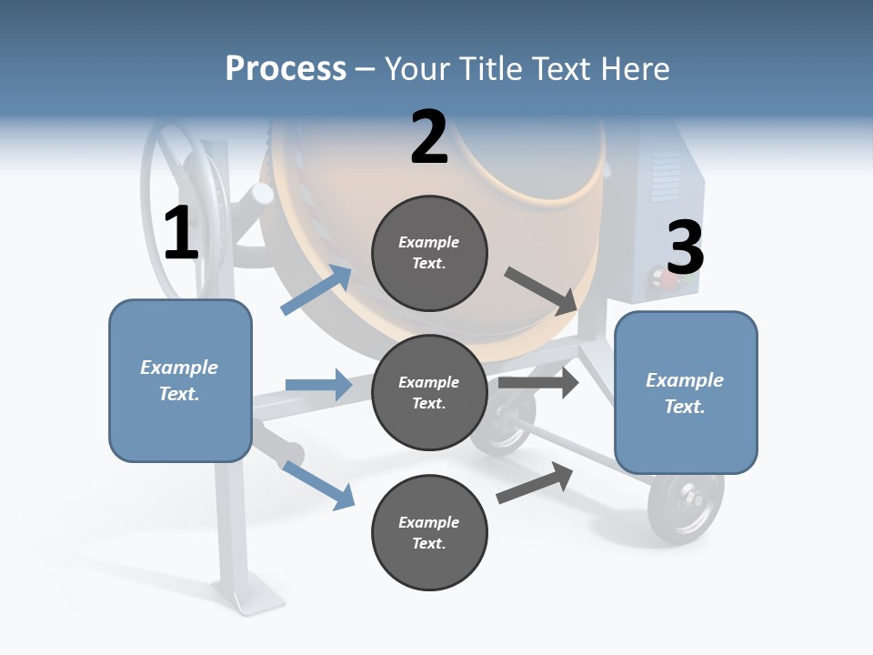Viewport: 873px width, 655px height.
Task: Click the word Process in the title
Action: pyautogui.click(x=286, y=68)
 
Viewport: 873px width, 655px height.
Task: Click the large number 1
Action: pyautogui.click(x=181, y=234)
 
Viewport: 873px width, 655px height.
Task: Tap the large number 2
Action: pyautogui.click(x=429, y=138)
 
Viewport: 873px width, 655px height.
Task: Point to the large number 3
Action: pyautogui.click(x=685, y=248)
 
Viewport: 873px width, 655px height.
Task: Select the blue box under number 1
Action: pyautogui.click(x=180, y=380)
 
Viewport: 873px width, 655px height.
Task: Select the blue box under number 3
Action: pyautogui.click(x=686, y=392)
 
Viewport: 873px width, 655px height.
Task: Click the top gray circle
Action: pyautogui.click(x=429, y=253)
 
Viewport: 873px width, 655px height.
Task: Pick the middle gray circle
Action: pyautogui.click(x=429, y=392)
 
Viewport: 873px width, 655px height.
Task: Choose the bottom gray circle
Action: pyautogui.click(x=429, y=532)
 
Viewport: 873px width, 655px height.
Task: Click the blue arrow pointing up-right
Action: pyautogui.click(x=316, y=289)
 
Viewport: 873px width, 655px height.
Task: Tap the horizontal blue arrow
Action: pyautogui.click(x=318, y=385)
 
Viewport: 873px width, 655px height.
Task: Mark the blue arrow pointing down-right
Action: pyautogui.click(x=318, y=484)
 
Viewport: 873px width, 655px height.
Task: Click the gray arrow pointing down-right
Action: pyautogui.click(x=541, y=289)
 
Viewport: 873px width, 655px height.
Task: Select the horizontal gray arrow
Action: pyautogui.click(x=538, y=383)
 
